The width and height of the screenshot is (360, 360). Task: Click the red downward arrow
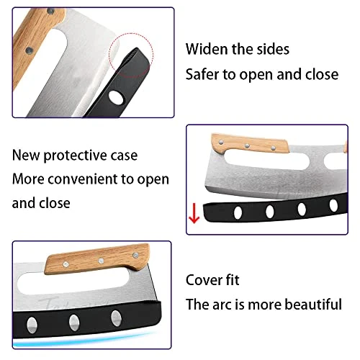(194, 213)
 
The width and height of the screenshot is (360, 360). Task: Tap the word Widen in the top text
(207, 49)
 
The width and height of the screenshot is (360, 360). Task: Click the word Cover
(204, 280)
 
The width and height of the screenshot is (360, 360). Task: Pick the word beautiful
(313, 305)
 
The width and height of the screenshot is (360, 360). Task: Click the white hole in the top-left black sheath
(116, 97)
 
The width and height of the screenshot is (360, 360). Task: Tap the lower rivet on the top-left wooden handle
(30, 50)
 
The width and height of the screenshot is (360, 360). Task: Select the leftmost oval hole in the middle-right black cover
(238, 212)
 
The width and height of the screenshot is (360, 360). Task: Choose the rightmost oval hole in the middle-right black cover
(333, 206)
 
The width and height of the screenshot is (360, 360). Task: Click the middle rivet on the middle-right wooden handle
(247, 145)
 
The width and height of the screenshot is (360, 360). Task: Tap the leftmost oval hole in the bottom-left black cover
(32, 325)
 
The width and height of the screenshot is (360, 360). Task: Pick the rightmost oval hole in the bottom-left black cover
(117, 318)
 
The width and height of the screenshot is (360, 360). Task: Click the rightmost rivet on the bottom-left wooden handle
(135, 255)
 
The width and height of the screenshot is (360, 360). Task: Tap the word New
(26, 156)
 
